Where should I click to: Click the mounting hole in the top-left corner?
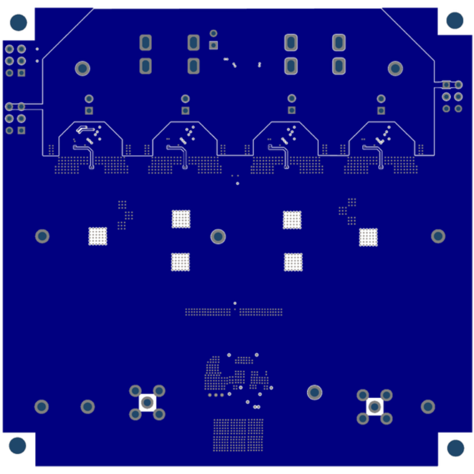tap(18, 22)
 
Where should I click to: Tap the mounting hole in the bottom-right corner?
tap(455, 448)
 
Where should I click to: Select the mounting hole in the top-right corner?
tap(455, 20)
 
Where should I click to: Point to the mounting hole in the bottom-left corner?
tap(18, 445)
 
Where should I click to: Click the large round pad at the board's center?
tap(218, 237)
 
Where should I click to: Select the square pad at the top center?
tap(213, 45)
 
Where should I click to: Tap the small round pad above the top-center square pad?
tap(213, 33)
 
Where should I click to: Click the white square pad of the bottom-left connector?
tap(147, 402)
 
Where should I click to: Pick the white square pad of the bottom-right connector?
tap(374, 406)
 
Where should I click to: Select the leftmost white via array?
tap(98, 236)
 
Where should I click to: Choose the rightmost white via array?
tap(368, 237)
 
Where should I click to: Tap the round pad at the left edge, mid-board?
tap(42, 236)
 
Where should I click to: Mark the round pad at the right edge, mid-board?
tap(438, 236)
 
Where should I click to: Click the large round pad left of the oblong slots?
tap(83, 68)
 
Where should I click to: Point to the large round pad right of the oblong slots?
tap(395, 68)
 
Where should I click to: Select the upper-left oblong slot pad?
tap(145, 43)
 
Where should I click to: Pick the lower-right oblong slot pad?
tap(338, 66)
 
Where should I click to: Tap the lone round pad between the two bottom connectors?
tap(314, 392)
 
